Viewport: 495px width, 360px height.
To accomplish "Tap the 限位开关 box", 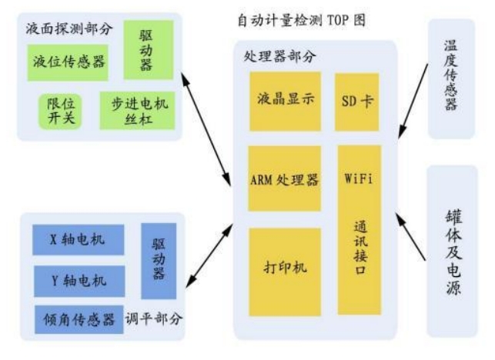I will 61,111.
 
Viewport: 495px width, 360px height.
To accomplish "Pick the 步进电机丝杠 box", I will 138,110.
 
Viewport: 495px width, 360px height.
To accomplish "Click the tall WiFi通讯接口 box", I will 358,228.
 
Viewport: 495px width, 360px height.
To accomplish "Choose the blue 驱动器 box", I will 159,262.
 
